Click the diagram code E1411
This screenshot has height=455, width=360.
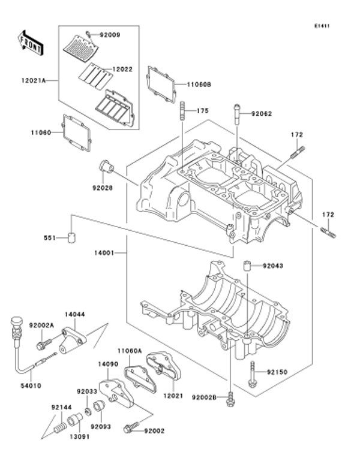click(322, 26)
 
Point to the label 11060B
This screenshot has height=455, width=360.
click(199, 85)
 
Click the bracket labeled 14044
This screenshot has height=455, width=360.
click(74, 336)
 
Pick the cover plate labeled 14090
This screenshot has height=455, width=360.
click(113, 389)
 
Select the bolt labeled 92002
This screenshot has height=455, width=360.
click(129, 428)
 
